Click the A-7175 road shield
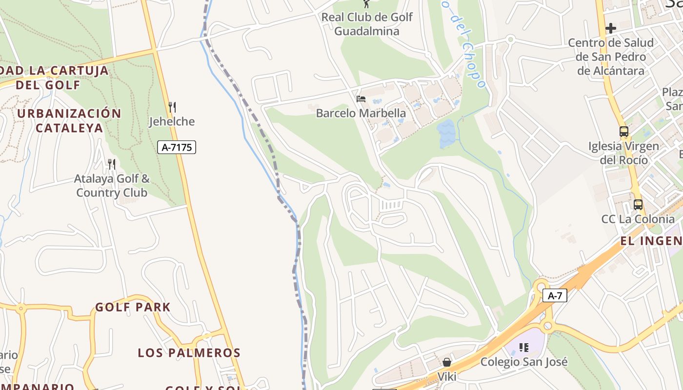point(176,147)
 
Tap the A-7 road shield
point(555,295)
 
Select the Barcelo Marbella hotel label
point(361,113)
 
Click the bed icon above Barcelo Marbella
point(361,99)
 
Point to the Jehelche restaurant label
point(172,121)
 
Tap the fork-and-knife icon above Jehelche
point(172,107)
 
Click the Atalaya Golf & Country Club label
point(112,186)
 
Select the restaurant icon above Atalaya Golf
point(112,164)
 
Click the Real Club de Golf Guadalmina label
point(367,24)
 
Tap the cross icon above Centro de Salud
point(610,28)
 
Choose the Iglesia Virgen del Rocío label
point(623,153)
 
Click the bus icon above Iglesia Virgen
point(623,131)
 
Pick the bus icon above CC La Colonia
point(638,205)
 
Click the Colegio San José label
point(524,362)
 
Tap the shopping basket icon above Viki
point(446,362)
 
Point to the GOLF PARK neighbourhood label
point(133,307)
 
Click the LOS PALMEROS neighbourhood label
point(189,352)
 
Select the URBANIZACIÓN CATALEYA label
point(69,120)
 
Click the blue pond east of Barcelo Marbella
point(446,134)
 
